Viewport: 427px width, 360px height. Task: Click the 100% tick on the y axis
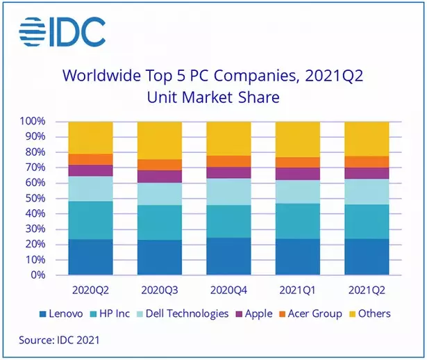click(x=33, y=122)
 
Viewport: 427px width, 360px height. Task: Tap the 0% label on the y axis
click(x=39, y=275)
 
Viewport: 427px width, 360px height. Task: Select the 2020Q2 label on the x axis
click(x=91, y=288)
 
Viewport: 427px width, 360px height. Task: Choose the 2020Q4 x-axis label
click(x=228, y=288)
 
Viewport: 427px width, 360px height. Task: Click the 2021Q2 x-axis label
click(x=367, y=288)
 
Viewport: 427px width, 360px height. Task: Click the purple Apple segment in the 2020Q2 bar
click(x=91, y=170)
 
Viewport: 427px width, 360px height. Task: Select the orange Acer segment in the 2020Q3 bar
click(x=160, y=165)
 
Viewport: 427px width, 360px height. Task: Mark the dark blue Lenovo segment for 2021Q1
click(x=298, y=257)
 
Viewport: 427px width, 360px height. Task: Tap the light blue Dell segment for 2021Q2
click(x=367, y=192)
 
